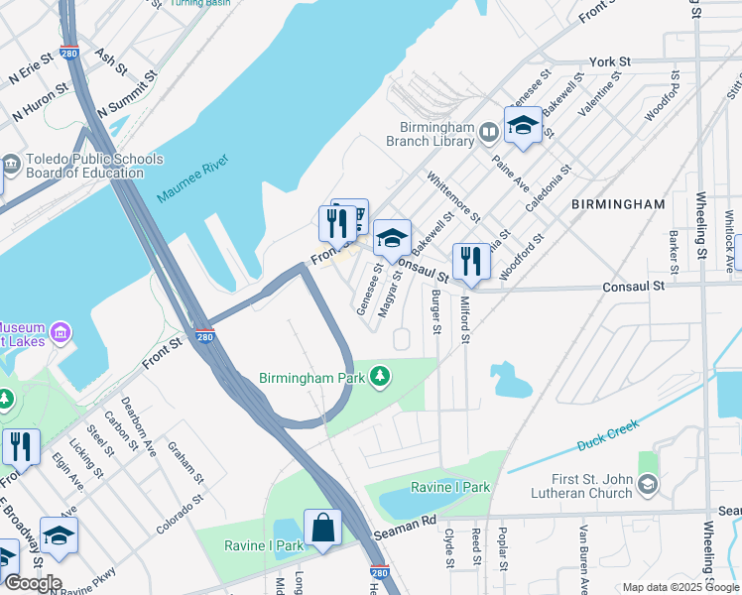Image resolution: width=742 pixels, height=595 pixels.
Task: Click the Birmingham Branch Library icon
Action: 488,132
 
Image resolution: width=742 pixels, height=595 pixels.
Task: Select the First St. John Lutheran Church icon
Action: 648,484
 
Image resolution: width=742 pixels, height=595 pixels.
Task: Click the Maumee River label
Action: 192,178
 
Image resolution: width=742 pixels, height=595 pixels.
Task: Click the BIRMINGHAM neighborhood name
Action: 618,203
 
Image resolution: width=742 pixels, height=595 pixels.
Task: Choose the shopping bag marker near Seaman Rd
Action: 322,528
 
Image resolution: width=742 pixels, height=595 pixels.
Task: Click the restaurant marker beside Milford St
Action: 471,262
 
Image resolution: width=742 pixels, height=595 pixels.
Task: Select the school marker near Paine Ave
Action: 523,126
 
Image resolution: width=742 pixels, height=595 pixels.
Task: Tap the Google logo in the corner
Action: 32,583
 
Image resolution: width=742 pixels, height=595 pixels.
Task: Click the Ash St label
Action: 111,60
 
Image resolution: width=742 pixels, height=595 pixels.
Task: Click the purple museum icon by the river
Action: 60,331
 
